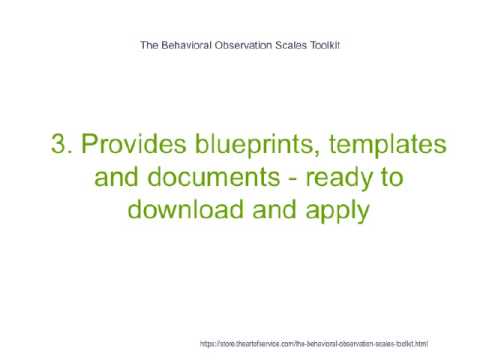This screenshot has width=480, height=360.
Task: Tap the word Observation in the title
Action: [x=250, y=45]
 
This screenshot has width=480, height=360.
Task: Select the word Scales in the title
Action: [x=299, y=45]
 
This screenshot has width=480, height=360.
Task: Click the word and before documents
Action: [x=118, y=180]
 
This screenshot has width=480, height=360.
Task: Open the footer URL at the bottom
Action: [x=314, y=343]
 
